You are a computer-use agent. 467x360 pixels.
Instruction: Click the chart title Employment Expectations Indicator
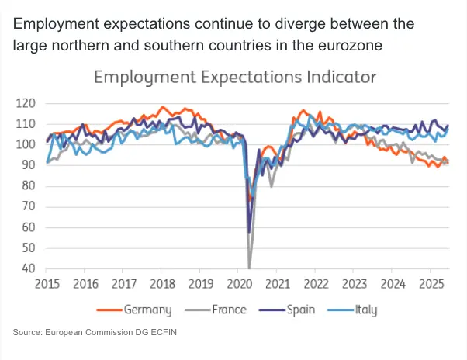pyautogui.click(x=235, y=78)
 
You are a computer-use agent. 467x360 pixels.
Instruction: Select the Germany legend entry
pyautogui.click(x=147, y=310)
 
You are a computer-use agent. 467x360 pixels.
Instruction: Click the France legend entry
pyautogui.click(x=229, y=310)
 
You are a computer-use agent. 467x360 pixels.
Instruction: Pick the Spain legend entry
pyautogui.click(x=300, y=310)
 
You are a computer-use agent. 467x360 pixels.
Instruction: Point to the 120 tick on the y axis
pyautogui.click(x=26, y=103)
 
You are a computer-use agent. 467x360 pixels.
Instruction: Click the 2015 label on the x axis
pyautogui.click(x=47, y=284)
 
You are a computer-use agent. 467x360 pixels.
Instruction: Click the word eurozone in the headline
pyautogui.click(x=348, y=45)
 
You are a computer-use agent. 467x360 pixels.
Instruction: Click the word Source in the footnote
pyautogui.click(x=29, y=333)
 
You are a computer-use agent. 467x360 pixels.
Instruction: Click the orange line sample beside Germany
pyautogui.click(x=109, y=310)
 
